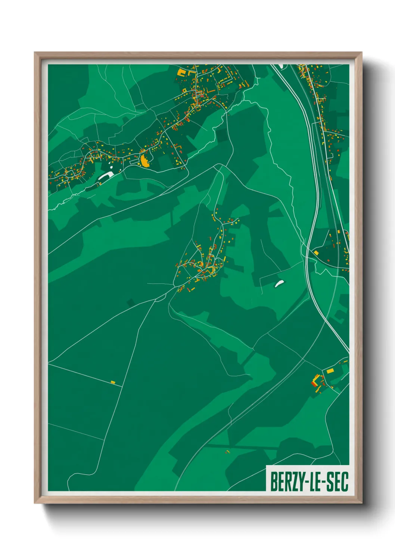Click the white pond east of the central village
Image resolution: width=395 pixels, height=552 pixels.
[279, 284]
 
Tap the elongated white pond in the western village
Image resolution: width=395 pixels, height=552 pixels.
[106, 175]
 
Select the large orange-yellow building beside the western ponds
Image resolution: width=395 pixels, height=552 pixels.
[144, 161]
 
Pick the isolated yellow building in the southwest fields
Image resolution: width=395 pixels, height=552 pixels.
[113, 382]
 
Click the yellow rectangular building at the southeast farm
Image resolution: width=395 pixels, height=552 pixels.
[330, 371]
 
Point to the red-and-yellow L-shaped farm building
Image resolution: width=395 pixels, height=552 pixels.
[317, 380]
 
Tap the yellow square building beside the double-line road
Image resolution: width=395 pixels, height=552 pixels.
[316, 253]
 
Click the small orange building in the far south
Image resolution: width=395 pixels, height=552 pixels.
[227, 452]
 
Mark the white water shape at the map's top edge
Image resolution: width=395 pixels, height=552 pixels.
[281, 66]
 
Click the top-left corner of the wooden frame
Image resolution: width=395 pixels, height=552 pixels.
[35, 53]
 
